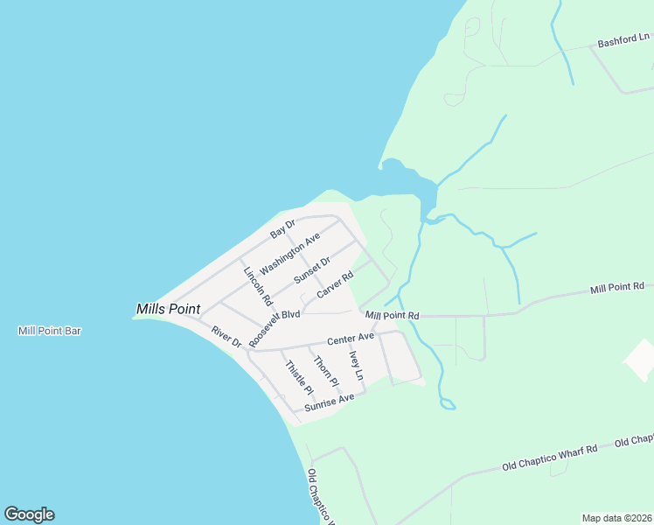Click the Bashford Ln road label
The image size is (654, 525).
624,39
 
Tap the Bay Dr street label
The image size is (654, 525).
283,230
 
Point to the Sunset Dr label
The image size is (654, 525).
312,270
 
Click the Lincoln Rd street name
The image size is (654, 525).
258,285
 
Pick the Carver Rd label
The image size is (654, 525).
335,284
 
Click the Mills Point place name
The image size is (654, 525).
168,309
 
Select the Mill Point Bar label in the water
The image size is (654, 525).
50,331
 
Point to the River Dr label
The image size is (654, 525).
226,338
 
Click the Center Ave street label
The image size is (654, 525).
351,338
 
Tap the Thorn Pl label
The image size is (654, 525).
325,371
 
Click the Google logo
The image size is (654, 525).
29,514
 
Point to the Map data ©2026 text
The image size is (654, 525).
616,518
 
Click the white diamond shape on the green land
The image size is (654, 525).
640,360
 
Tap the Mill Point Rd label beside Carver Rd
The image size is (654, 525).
393,315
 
